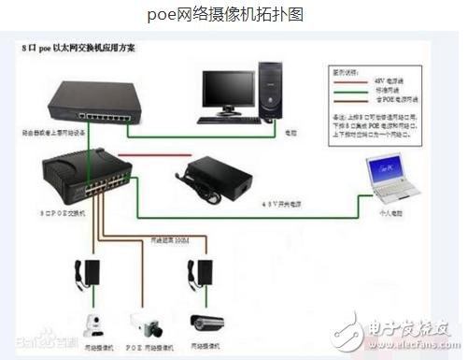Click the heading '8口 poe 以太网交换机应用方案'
click(x=78, y=47)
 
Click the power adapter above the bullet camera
click(x=205, y=271)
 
